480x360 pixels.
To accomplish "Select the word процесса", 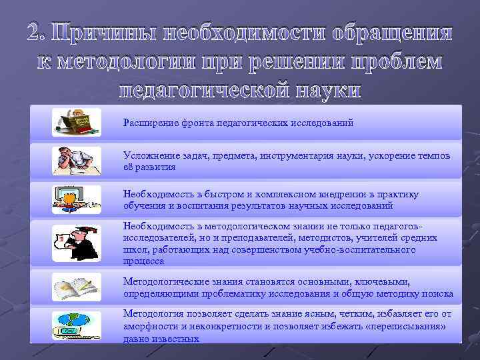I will point(143,261).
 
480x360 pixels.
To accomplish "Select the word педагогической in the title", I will point(193,90).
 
